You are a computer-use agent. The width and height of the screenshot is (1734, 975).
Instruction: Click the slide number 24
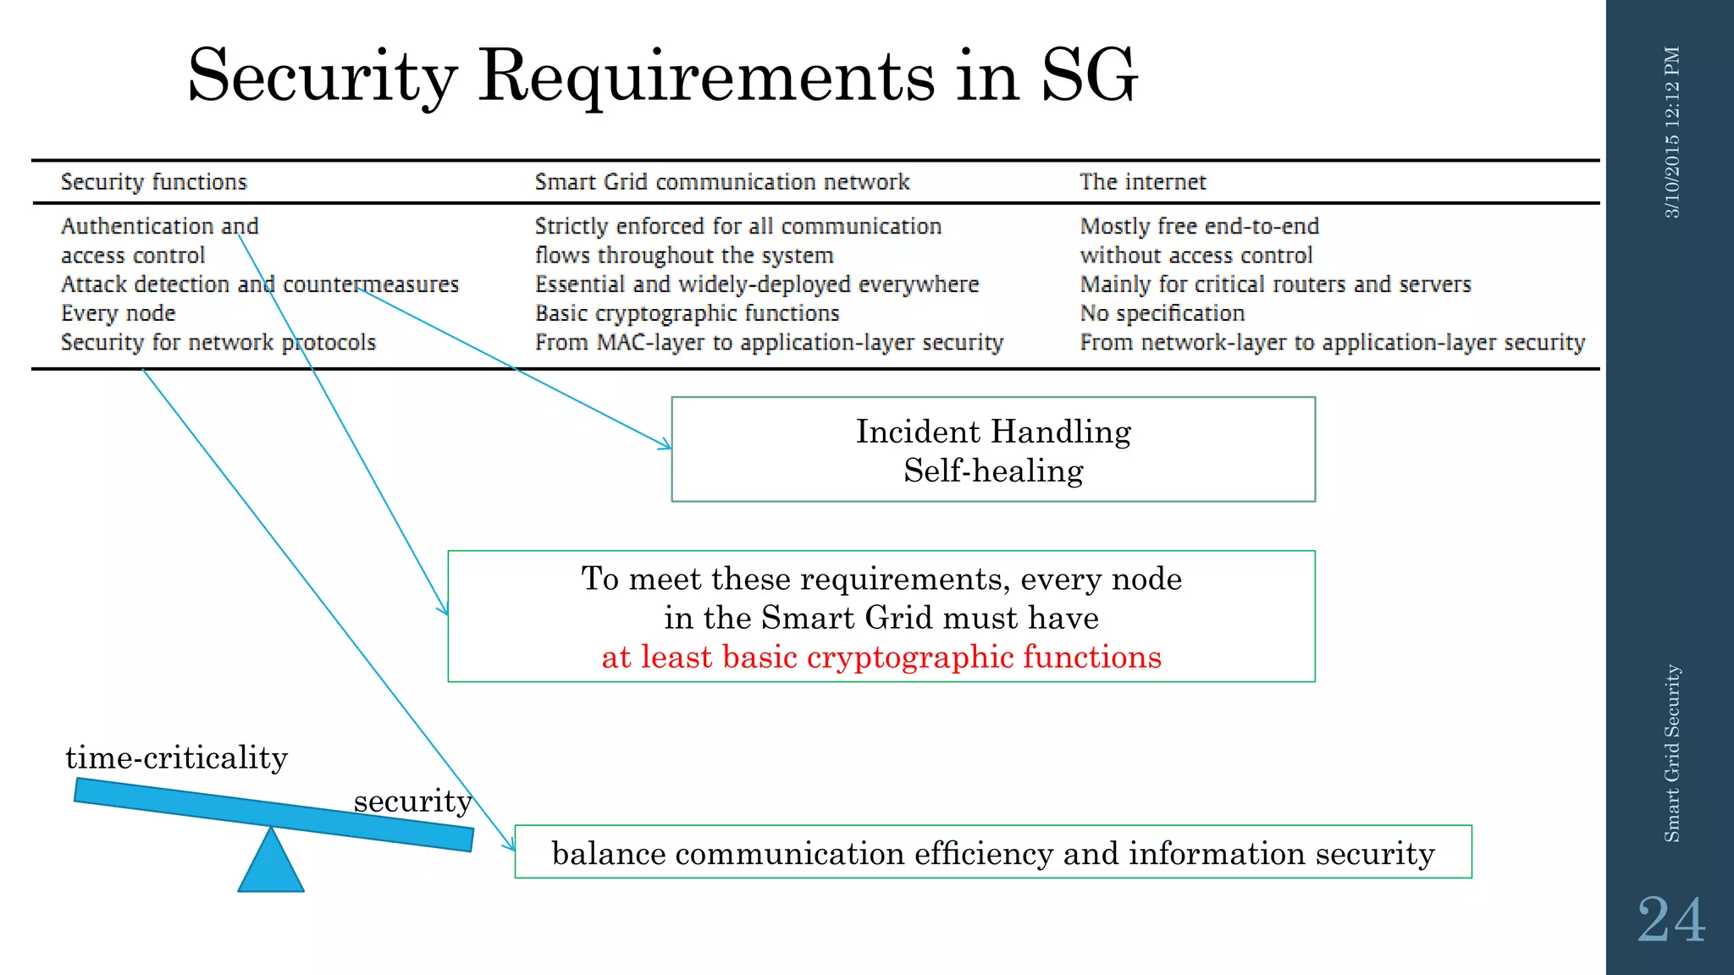point(1670,920)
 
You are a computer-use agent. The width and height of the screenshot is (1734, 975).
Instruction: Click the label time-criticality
point(176,757)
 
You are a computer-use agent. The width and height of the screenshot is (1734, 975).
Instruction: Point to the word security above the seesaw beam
point(412,801)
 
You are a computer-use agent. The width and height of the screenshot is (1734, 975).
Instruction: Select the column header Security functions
point(153,182)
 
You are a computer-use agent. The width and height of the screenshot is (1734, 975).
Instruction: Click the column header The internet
point(1142,182)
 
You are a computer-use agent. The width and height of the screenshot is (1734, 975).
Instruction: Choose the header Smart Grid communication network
point(721,182)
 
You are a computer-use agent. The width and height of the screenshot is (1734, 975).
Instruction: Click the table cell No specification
point(1162,313)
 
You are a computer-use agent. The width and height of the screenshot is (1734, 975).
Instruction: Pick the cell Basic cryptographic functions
point(687,313)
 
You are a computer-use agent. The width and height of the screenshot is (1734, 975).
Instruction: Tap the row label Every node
point(118,313)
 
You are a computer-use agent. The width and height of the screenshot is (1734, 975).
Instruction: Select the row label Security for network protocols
point(218,343)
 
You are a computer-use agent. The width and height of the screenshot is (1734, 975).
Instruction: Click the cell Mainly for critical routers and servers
point(1275,284)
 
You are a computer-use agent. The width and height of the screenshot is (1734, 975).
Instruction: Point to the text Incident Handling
point(993,432)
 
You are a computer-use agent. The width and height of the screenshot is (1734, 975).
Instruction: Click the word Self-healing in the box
point(993,471)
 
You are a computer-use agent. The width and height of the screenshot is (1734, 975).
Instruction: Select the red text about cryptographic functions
point(881,657)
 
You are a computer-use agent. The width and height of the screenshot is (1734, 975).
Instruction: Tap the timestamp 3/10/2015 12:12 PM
point(1671,132)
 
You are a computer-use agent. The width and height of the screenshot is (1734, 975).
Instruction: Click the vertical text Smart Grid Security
point(1671,753)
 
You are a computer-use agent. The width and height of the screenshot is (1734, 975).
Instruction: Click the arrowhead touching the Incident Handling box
point(666,445)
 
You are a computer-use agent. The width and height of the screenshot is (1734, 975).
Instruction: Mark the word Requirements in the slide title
point(707,76)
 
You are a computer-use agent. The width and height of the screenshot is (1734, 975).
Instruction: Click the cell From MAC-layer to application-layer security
point(769,343)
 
